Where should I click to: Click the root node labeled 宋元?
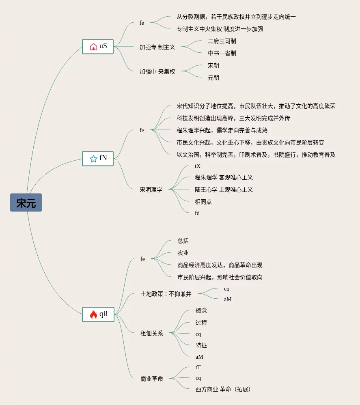(26, 202)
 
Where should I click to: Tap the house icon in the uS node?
(93, 47)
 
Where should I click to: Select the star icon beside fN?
(93, 158)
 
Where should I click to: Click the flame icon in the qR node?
(93, 315)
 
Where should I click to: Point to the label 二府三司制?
(222, 41)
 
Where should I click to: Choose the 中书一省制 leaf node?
(222, 53)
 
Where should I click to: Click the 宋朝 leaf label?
(213, 65)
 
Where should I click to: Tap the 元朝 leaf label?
(213, 78)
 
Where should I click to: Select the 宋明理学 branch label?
(151, 190)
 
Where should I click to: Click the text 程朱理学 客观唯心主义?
(224, 177)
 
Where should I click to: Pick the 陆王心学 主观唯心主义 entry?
(224, 190)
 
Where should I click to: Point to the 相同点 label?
(203, 202)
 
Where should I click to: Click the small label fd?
(197, 213)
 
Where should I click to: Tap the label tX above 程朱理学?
(198, 166)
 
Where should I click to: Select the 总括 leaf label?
(183, 241)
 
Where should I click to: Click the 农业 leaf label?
(183, 253)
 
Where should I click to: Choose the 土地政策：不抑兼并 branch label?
(166, 294)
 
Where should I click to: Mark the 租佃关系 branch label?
(152, 333)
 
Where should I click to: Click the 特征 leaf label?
(201, 345)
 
